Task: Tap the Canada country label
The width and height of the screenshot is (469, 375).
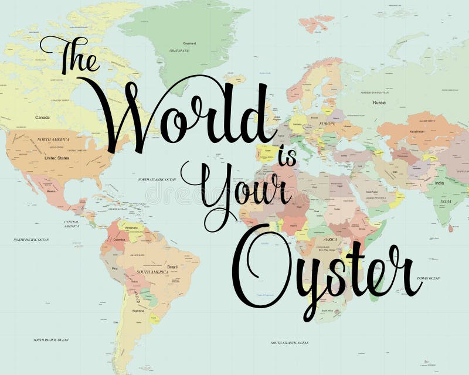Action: pos(42,117)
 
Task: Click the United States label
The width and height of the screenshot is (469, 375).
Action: pos(56,158)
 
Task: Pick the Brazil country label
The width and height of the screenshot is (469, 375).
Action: pos(172,267)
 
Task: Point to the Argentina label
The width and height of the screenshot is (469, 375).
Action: pos(138,311)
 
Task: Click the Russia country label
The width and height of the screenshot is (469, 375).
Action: pos(379,103)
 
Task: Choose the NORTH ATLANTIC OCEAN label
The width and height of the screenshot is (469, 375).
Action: pos(157,179)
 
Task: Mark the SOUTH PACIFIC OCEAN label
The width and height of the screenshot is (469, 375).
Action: pos(51,340)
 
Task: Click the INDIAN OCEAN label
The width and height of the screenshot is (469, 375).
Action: pos(428,278)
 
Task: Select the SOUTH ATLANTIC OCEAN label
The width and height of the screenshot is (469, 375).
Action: pos(290,342)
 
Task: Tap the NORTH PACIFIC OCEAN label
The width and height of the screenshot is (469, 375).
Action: pos(31,240)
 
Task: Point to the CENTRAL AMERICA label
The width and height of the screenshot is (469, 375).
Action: pos(72,224)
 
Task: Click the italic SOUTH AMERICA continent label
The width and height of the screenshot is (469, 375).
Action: pos(153,272)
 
